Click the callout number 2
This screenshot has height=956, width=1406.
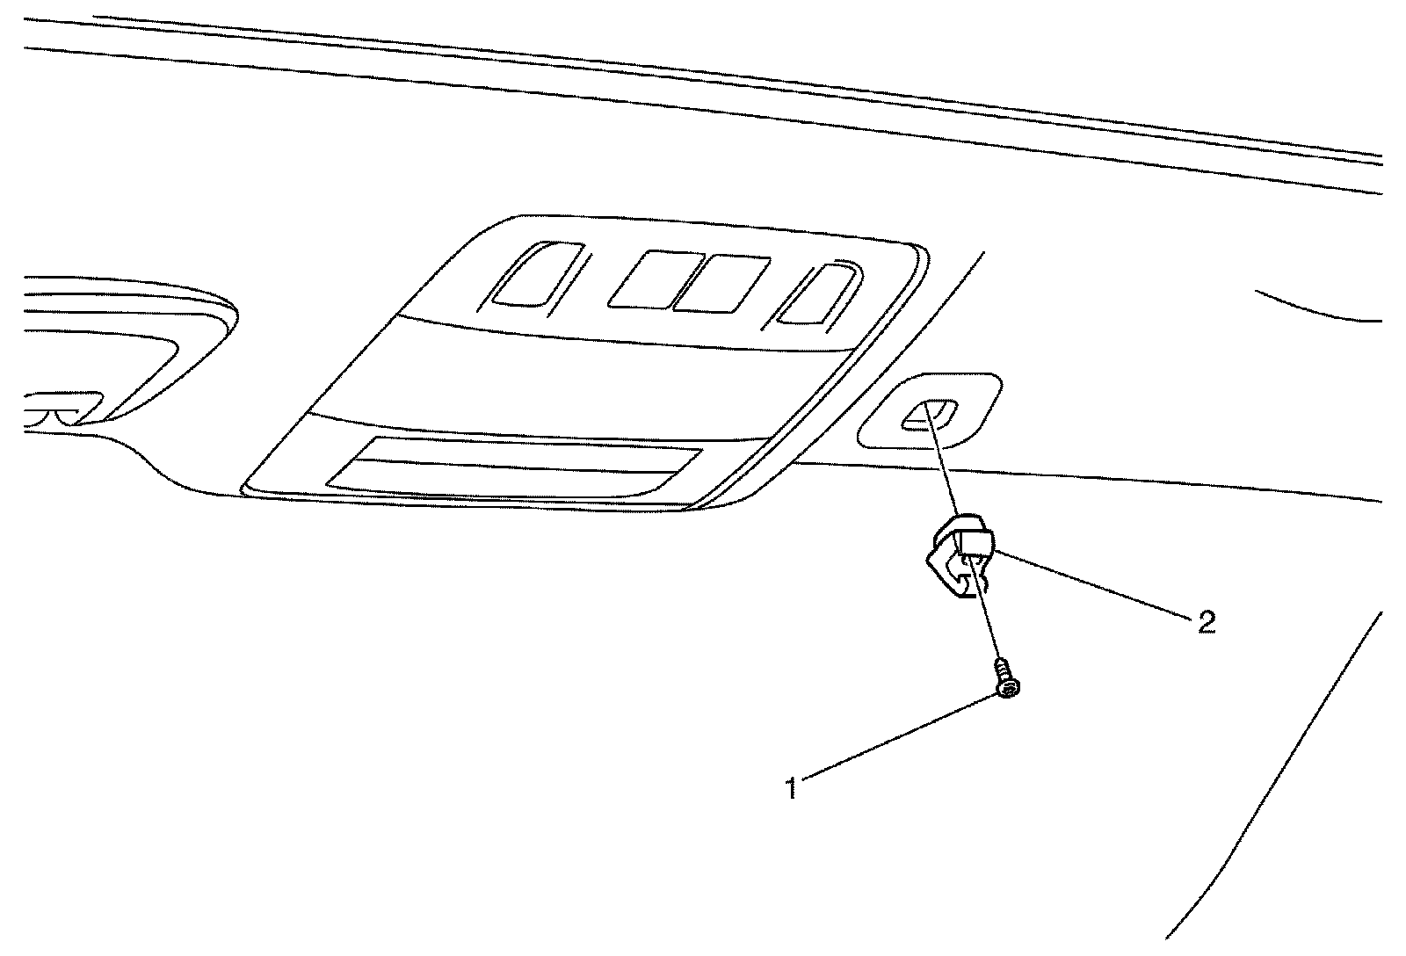click(x=1206, y=622)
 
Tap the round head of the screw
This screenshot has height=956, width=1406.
click(x=1008, y=692)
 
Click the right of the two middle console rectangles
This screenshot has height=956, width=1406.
click(x=721, y=284)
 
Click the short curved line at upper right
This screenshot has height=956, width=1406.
click(x=1318, y=308)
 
